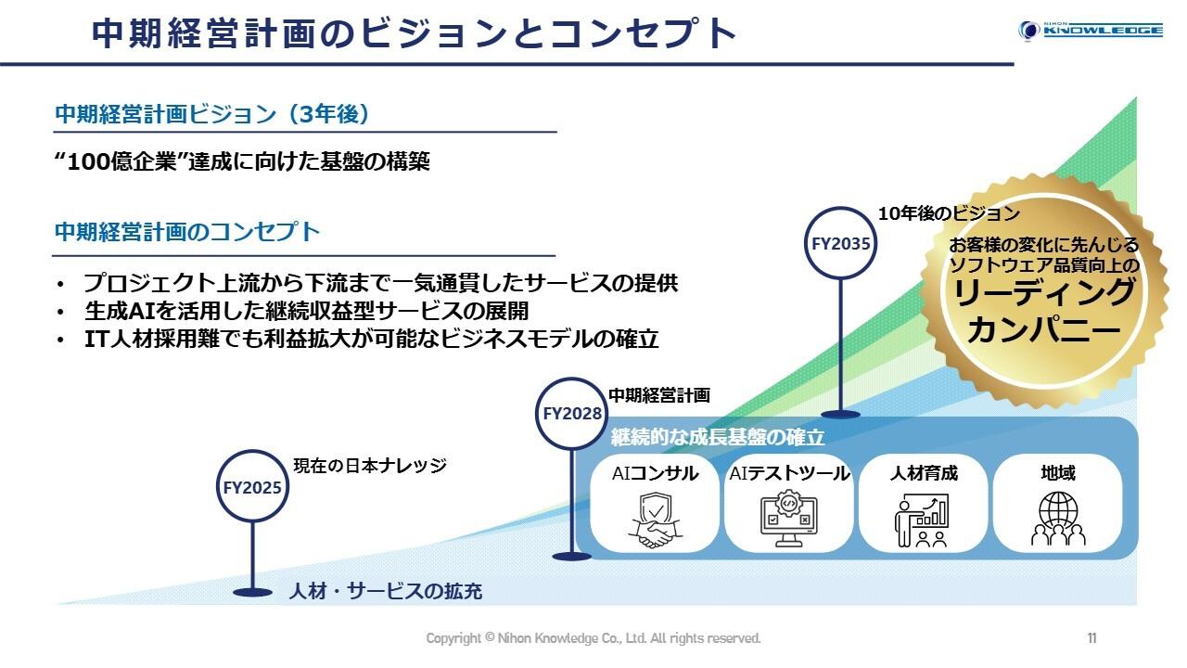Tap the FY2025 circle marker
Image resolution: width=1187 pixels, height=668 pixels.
(251, 487)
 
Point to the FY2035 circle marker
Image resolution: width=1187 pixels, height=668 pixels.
(840, 244)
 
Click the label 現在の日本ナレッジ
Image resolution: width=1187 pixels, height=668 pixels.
(370, 465)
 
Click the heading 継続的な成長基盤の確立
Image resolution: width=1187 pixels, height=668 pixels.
(717, 436)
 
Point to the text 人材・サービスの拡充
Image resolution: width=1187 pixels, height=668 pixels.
(385, 591)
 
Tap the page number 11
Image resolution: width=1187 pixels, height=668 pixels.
(1091, 638)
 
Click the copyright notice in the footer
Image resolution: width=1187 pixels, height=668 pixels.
(593, 638)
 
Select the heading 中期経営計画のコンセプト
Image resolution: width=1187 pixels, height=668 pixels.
(187, 232)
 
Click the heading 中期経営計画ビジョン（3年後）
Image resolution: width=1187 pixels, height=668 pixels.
(212, 114)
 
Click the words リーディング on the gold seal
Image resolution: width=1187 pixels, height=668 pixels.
(1044, 294)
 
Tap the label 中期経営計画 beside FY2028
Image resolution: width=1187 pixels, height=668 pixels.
(658, 395)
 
